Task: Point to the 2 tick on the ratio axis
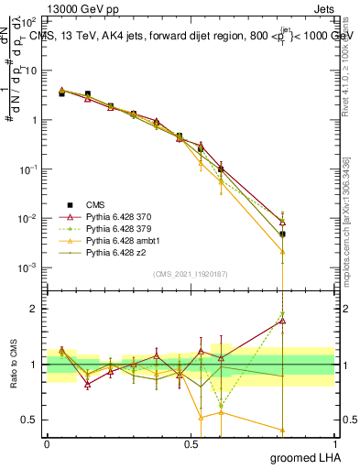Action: coord(34,309)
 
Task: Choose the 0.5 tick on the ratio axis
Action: coord(31,420)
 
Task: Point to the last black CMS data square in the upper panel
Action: coord(283,234)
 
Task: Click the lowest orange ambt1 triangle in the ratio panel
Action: coord(283,430)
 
